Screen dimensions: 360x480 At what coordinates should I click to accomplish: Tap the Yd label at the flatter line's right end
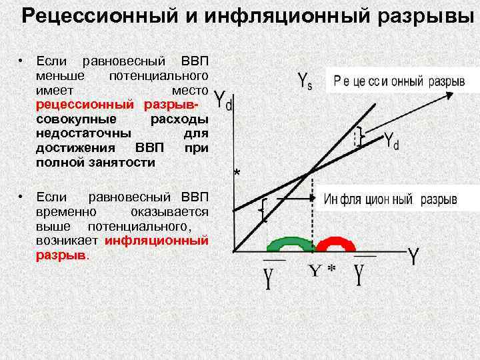click(392, 140)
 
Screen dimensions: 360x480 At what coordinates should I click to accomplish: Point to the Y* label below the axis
click(322, 270)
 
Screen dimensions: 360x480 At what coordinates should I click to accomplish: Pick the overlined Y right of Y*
click(361, 274)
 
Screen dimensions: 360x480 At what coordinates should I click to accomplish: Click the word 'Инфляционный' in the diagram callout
click(369, 200)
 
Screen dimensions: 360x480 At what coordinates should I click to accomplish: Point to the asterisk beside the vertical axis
click(237, 175)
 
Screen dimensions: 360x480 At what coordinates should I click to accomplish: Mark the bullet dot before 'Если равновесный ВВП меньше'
click(21, 61)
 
